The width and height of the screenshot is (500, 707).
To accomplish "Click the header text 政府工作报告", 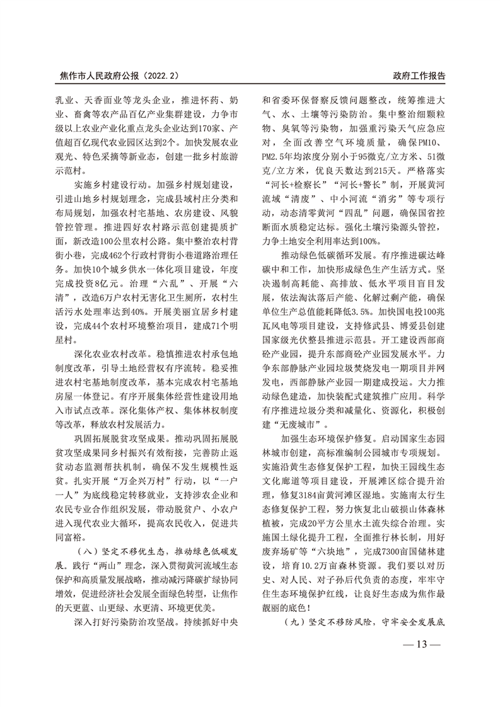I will coord(419,75).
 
